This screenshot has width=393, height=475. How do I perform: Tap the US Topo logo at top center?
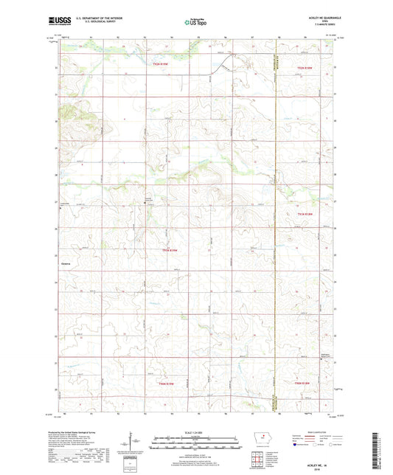click(x=195, y=23)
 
